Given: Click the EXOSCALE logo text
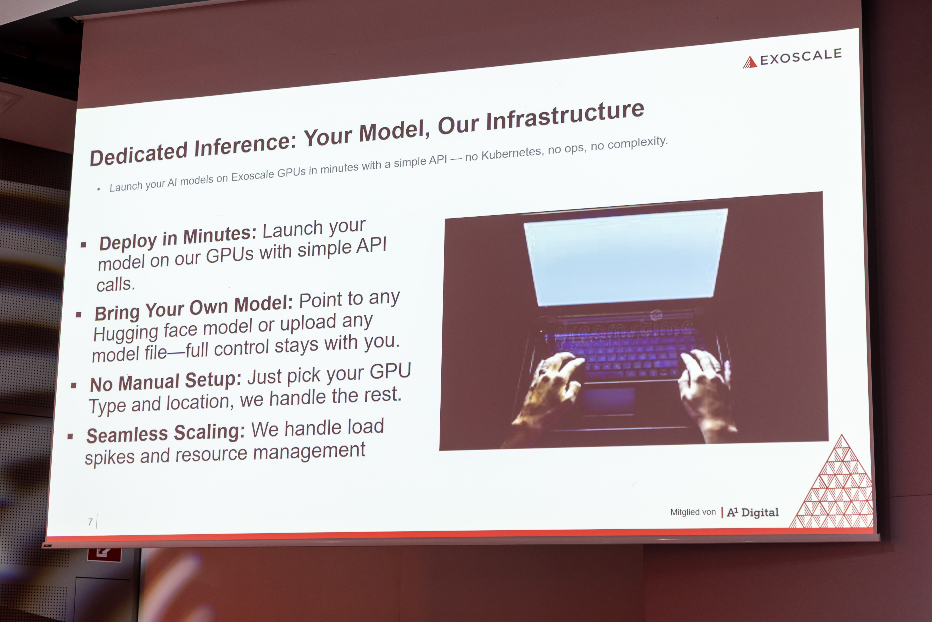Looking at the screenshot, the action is [x=801, y=57].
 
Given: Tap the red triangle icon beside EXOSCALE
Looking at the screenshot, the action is [x=750, y=62].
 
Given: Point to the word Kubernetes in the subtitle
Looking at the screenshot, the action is [x=511, y=153].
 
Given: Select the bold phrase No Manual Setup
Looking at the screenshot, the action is [x=166, y=382].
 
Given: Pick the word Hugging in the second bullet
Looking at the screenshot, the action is [x=126, y=333].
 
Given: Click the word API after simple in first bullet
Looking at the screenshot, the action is [x=371, y=246].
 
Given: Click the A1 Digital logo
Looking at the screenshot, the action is [x=752, y=512].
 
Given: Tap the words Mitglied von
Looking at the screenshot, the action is [x=693, y=512].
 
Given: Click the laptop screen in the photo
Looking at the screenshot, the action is [x=626, y=257].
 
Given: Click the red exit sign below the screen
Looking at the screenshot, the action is [x=104, y=555].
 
